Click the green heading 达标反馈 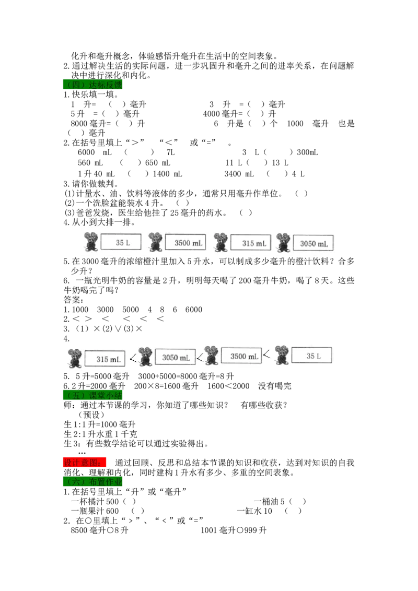pos(92,85)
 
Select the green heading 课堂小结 pos(92,395)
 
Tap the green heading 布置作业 pos(92,482)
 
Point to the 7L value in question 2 pos(170,152)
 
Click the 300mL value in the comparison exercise pos(307,152)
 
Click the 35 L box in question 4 pos(121,242)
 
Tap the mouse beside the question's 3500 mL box pos(155,242)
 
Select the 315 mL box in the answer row pos(105,359)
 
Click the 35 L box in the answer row pos(311,356)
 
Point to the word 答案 pos(74,300)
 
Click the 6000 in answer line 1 pos(193,310)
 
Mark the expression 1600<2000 pos(228,386)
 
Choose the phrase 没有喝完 pos(275,386)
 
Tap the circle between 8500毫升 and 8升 pos(110,530)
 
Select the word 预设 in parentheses pos(91,415)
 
